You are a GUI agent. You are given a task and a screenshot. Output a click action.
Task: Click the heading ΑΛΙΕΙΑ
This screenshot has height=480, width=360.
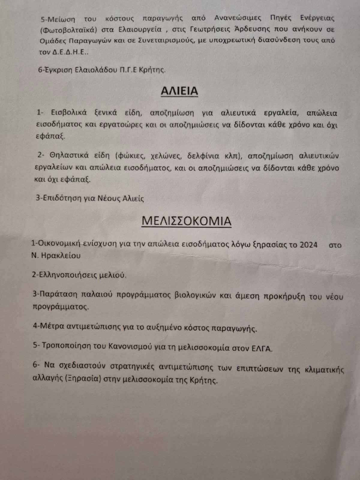coord(179,91)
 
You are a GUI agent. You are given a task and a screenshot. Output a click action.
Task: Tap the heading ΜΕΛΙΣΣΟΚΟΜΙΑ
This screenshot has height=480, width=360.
coord(186,221)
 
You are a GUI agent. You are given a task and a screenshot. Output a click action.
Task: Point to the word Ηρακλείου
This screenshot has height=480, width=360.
coord(62,256)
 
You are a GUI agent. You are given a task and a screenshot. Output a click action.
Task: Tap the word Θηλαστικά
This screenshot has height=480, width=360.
coord(71,156)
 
